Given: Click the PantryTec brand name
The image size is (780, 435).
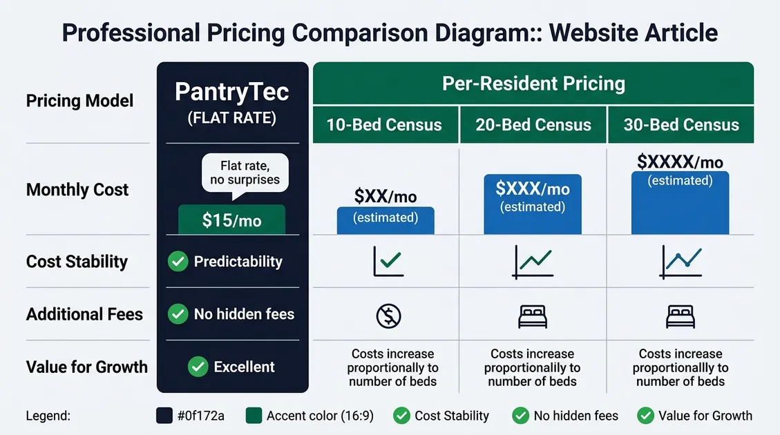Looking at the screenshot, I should pyautogui.click(x=232, y=93).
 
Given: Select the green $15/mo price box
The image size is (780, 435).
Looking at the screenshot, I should pyautogui.click(x=231, y=220).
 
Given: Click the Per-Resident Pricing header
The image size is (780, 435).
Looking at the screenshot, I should pyautogui.click(x=533, y=84).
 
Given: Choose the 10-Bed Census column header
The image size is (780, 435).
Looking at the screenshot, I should pyautogui.click(x=384, y=125).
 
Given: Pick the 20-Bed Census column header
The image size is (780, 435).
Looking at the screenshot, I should pyautogui.click(x=533, y=125).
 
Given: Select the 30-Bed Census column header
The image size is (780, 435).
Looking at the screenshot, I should pyautogui.click(x=681, y=125).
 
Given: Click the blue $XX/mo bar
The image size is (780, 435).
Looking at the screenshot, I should pyautogui.click(x=385, y=220).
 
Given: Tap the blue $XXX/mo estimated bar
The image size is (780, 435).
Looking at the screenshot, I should pyautogui.click(x=533, y=204).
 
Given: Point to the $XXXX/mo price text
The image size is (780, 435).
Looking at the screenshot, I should pyautogui.click(x=680, y=162).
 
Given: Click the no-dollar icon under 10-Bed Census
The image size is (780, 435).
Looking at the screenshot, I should pyautogui.click(x=388, y=316).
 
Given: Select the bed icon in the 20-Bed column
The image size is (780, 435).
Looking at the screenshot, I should pyautogui.click(x=532, y=316).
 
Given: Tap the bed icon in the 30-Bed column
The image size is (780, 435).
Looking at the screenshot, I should pyautogui.click(x=681, y=316).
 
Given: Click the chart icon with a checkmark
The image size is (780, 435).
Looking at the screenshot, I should pyautogui.click(x=388, y=262).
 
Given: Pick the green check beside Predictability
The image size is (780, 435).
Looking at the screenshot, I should pyautogui.click(x=178, y=262).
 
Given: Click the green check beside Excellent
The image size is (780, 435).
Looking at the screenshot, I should pyautogui.click(x=198, y=367).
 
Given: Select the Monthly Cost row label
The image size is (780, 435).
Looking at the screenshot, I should pyautogui.click(x=77, y=190).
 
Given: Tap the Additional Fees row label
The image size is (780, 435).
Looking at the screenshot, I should pyautogui.click(x=84, y=314).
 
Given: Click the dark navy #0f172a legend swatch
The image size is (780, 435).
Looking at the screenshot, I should pyautogui.click(x=165, y=416).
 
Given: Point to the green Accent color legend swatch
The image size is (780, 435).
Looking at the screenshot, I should pyautogui.click(x=254, y=416).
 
